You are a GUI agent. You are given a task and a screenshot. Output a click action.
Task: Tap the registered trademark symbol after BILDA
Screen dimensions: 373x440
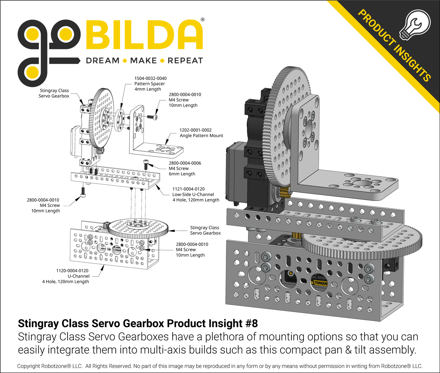pos(202,20)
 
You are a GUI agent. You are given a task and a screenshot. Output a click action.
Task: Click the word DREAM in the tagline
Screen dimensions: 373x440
pos(103,61)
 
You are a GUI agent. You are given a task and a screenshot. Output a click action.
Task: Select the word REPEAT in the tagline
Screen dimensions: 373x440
pos(185,61)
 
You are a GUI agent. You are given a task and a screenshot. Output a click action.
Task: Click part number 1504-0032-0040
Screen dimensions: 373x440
pos(150,78)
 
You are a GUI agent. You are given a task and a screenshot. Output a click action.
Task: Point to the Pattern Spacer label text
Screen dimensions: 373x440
pos(150,84)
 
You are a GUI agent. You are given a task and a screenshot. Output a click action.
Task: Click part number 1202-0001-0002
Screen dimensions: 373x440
pos(195,130)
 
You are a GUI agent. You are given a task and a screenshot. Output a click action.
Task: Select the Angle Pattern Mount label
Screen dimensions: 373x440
pos(201,136)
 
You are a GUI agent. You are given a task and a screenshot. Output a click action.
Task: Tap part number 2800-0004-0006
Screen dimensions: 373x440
pos(185,163)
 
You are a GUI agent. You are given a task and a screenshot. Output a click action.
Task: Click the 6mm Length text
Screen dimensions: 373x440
pos(182,174)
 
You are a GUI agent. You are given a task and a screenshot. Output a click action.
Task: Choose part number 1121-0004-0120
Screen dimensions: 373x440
pos(188,189)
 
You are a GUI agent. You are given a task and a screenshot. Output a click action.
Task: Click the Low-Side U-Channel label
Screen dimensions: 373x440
pos(193,195)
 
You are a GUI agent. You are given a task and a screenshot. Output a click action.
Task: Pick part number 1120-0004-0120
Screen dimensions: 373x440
pos(72,271)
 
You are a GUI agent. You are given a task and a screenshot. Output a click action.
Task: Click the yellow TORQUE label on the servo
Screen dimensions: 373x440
pos(321,283)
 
